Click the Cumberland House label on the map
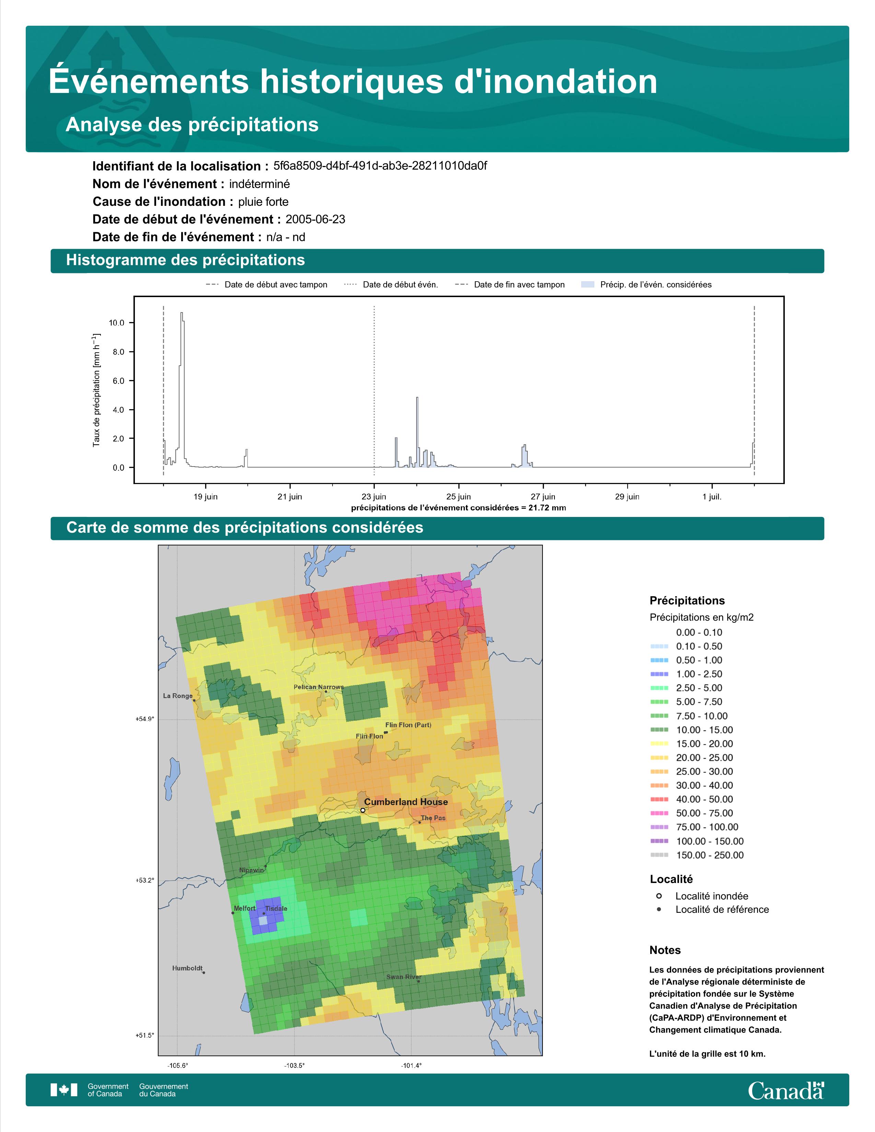click(x=406, y=802)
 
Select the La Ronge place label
click(x=178, y=696)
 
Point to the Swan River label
click(x=404, y=977)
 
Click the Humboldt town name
click(x=188, y=968)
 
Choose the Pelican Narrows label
click(x=319, y=687)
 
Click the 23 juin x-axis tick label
click(x=374, y=497)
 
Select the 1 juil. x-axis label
click(x=712, y=497)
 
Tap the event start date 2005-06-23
click(x=315, y=219)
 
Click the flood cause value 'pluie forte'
click(x=263, y=202)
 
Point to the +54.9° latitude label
click(x=144, y=719)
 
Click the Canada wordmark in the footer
click(x=786, y=1091)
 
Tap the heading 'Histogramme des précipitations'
click(x=186, y=260)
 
